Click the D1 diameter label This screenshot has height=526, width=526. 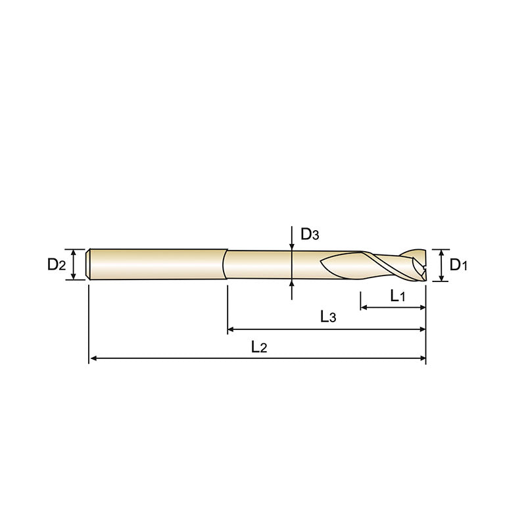458,265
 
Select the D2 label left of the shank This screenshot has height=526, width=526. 57,265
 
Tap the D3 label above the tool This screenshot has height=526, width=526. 310,234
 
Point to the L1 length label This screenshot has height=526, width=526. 398,297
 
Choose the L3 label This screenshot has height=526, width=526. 328,317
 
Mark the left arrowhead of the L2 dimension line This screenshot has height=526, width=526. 93,358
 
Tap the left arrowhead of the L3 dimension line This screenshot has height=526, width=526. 231,328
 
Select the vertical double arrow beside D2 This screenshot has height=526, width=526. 75,264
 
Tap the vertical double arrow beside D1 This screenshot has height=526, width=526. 441,265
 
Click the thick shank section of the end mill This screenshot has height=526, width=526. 158,264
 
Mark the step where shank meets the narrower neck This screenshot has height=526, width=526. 226,264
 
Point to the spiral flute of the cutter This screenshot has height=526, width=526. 368,265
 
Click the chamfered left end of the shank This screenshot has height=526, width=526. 89,264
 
